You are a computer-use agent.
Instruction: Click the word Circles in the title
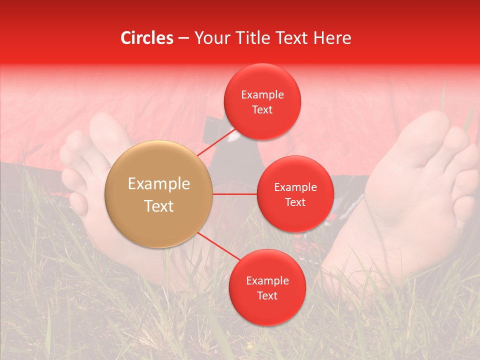coord(147,38)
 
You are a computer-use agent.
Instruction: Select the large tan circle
coord(159,194)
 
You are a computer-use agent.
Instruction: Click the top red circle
coord(262,101)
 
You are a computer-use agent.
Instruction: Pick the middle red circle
coord(295,194)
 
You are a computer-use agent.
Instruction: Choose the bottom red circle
coord(267,287)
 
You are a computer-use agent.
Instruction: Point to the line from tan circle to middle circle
coord(235,194)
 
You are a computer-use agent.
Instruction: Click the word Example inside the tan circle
coord(159,184)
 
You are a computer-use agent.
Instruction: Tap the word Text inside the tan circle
coord(159,206)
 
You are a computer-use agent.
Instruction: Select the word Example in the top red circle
coord(262,95)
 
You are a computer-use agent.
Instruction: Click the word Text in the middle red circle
coord(295,202)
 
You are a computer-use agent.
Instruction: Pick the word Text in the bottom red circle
coord(267,295)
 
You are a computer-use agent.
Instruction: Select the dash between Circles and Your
coord(183,38)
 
